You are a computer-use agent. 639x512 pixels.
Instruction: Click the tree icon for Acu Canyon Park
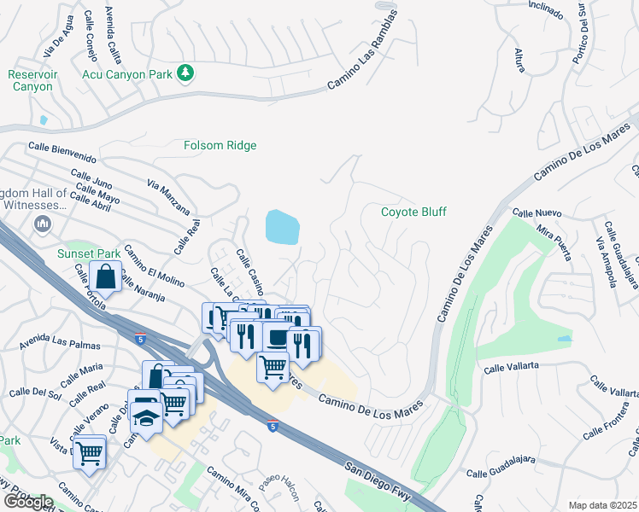185,74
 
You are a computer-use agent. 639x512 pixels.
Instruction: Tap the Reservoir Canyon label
32,80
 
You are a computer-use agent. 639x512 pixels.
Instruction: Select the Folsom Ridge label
220,146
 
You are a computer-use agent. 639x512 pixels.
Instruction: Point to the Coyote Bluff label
413,212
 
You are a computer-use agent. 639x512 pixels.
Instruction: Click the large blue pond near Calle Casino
283,227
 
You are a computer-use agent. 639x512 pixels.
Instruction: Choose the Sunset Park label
88,253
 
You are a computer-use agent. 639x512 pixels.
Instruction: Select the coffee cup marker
277,338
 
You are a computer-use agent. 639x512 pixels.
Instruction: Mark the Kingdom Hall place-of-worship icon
42,224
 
